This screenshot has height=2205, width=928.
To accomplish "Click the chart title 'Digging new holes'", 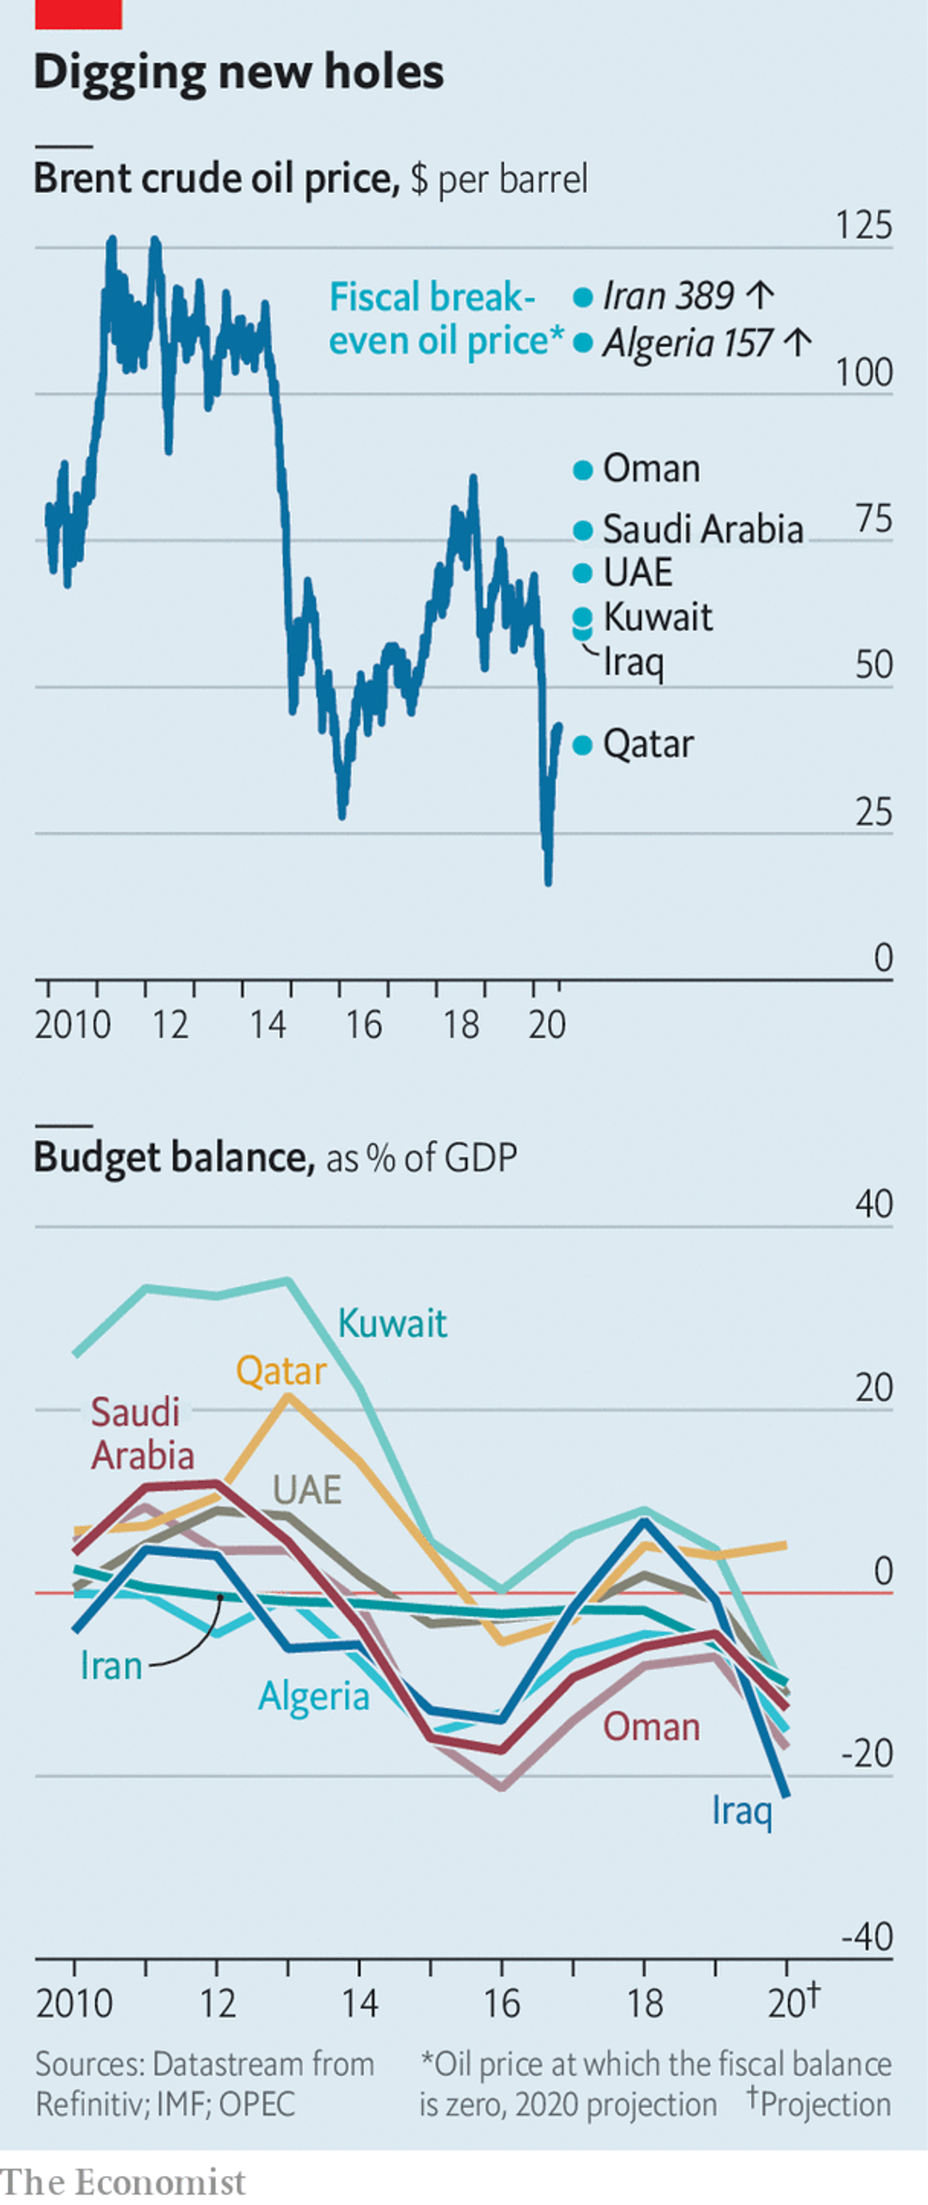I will pyautogui.click(x=239, y=72).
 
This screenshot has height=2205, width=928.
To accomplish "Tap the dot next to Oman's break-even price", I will pyautogui.click(x=583, y=470).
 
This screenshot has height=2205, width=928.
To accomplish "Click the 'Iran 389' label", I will pyautogui.click(x=668, y=296).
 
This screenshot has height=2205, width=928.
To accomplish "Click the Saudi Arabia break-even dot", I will pyautogui.click(x=583, y=531).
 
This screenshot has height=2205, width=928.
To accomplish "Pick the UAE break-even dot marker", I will pyautogui.click(x=583, y=573).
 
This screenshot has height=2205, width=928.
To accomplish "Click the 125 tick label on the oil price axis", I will pyautogui.click(x=863, y=226).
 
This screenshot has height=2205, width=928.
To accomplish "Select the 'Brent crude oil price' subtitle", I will pyautogui.click(x=216, y=179).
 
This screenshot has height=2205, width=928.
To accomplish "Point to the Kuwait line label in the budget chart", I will pyautogui.click(x=392, y=1324).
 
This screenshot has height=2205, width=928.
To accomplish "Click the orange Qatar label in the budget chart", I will pyautogui.click(x=281, y=1371).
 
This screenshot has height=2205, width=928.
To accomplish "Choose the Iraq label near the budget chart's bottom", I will pyautogui.click(x=742, y=1811).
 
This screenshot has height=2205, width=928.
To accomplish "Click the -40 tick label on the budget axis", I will pyautogui.click(x=866, y=1937).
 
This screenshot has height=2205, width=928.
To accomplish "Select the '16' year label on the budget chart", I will pyautogui.click(x=502, y=2003).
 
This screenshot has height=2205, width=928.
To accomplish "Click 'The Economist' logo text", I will pyautogui.click(x=123, y=2181).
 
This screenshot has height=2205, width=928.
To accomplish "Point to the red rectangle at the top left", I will pyautogui.click(x=78, y=14).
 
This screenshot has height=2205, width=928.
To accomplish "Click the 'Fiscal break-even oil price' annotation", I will pyautogui.click(x=445, y=318).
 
